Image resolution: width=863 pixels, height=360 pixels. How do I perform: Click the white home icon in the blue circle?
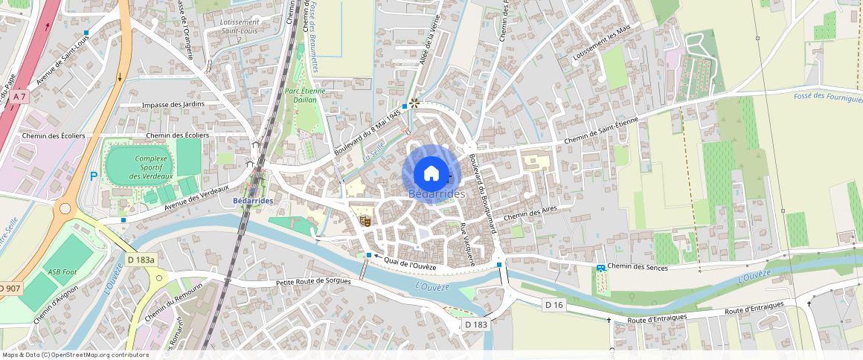pyautogui.click(x=431, y=173)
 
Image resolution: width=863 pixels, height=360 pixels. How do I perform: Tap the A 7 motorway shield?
pyautogui.click(x=19, y=97)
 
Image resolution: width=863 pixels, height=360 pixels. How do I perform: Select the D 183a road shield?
pyautogui.click(x=141, y=260)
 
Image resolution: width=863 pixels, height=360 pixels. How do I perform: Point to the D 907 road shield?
pyautogui.click(x=9, y=288)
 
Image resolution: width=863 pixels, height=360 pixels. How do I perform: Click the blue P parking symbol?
pyautogui.click(x=93, y=176)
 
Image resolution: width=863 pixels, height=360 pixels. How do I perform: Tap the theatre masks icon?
pyautogui.click(x=365, y=220)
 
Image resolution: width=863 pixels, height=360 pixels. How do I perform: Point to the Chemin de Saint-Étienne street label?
pyautogui.click(x=601, y=131)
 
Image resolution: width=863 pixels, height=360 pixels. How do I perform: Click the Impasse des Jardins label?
pyautogui.click(x=173, y=105)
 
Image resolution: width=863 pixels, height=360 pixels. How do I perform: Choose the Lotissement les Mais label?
pyautogui.click(x=603, y=42)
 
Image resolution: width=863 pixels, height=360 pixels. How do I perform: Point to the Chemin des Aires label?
pyautogui.click(x=530, y=213)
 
